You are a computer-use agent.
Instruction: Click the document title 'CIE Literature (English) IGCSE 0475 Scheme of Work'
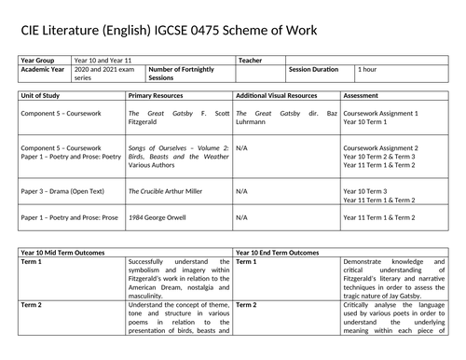(x=169, y=32)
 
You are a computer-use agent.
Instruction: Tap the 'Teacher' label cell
(x=251, y=60)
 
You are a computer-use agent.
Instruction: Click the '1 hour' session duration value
(x=370, y=69)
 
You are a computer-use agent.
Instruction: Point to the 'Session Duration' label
(x=314, y=69)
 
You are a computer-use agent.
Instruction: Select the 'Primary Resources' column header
(x=156, y=95)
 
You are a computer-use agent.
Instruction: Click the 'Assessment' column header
(x=362, y=95)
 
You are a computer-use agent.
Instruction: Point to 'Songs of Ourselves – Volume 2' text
(x=174, y=147)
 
